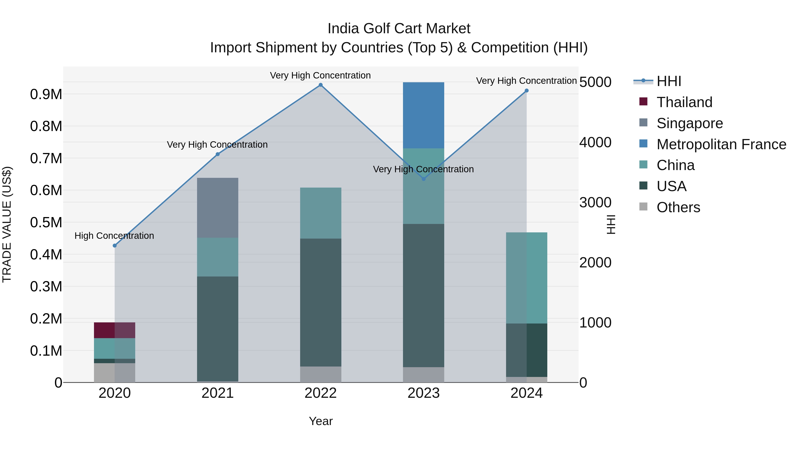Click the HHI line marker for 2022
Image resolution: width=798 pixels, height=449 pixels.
coord(321,85)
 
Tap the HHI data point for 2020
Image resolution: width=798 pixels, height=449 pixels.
coord(115,245)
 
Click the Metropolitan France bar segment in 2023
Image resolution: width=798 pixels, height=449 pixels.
coord(423,115)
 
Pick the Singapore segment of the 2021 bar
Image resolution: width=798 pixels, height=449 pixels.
coord(217,208)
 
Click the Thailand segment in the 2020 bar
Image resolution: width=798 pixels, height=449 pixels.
coord(114,330)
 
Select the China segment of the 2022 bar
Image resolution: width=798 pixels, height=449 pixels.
coord(321,213)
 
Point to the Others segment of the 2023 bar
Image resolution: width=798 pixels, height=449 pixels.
coord(423,375)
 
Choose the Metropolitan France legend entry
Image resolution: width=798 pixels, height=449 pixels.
coord(721,144)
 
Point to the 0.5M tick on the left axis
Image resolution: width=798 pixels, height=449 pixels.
coord(46,222)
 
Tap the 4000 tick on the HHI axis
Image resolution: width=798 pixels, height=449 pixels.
coord(595,143)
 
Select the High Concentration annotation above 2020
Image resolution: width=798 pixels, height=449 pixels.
coord(114,236)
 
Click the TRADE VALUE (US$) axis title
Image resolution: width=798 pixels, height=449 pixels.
coord(7,224)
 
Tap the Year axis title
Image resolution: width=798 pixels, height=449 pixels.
coord(321,421)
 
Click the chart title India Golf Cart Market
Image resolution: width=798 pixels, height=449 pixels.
coord(399,29)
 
